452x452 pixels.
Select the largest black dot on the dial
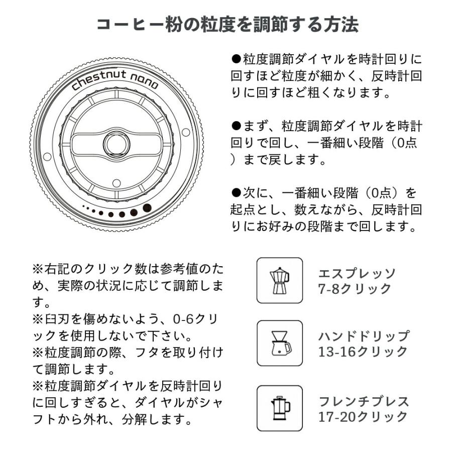pos(147,207)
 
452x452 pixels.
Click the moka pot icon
pos(280,281)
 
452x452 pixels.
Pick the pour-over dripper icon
pos(280,344)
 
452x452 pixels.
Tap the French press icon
pos(280,408)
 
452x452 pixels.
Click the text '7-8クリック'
pos(354,289)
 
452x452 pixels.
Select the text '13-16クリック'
pos(363,352)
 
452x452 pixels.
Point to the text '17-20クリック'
pos(363,416)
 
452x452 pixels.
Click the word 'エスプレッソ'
pos(357,274)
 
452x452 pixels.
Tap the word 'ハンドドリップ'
pos(364,336)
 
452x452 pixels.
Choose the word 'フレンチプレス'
pos(364,401)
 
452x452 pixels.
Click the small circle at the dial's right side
pos(186,132)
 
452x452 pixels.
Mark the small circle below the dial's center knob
pos(116,182)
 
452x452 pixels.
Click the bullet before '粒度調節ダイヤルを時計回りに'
pos(237,59)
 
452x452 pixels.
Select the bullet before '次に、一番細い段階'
pos(237,192)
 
